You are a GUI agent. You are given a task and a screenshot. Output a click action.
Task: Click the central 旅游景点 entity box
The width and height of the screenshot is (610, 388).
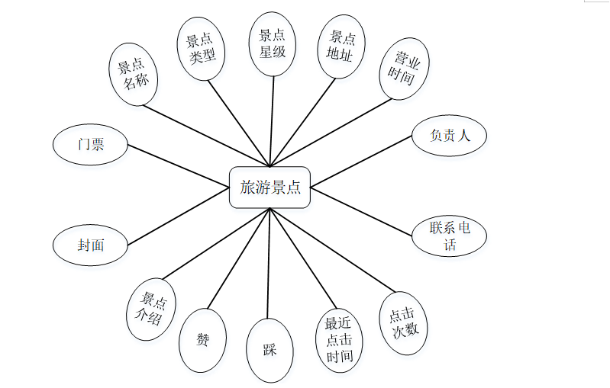269,187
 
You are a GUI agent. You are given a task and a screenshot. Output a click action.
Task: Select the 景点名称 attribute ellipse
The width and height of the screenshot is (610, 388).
133,74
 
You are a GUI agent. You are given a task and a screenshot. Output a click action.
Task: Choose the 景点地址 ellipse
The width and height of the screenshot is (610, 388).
341,46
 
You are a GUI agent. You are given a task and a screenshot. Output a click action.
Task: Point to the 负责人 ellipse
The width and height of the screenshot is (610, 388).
449,136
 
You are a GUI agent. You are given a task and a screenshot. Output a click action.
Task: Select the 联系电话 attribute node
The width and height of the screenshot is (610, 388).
449,236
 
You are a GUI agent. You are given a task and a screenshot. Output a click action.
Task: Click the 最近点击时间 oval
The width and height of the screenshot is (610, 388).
339,339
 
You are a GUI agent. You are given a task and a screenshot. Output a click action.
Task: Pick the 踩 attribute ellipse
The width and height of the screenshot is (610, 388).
269,350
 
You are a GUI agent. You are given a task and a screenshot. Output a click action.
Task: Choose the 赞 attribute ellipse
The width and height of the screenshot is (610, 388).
202,340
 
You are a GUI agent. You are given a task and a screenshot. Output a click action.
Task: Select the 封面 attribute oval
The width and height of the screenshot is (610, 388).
90,245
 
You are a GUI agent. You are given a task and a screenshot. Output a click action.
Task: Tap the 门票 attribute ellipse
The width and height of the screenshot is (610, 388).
90,145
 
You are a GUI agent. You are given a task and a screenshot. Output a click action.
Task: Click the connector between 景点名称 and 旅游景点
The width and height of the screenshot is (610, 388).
206,134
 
